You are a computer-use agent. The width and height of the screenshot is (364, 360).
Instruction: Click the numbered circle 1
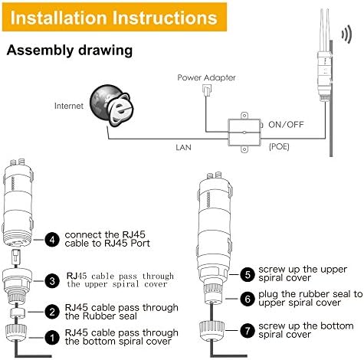(x=52, y=337)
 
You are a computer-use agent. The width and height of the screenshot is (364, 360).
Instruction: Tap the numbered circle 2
(x=52, y=312)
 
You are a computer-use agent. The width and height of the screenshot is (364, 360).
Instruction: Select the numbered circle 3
(x=52, y=281)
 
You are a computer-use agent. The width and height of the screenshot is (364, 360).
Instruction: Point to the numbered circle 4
(x=52, y=240)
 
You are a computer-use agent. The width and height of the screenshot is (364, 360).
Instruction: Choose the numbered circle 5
(x=248, y=274)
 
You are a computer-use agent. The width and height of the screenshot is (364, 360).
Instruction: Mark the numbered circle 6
(x=248, y=299)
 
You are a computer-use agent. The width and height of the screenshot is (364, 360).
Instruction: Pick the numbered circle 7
(x=248, y=331)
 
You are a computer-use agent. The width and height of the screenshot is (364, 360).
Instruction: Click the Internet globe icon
(x=112, y=106)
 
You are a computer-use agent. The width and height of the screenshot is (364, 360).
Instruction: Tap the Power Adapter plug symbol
(x=206, y=90)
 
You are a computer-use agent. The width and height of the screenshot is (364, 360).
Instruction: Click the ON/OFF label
(x=286, y=125)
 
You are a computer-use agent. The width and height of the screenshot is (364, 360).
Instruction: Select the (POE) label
(x=279, y=146)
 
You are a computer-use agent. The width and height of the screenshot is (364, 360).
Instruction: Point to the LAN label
(x=183, y=147)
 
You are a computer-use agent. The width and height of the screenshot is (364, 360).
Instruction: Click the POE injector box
(x=244, y=133)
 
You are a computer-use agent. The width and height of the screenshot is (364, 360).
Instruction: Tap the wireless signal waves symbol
(x=347, y=34)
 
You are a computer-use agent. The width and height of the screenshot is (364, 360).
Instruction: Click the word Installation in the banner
(x=58, y=18)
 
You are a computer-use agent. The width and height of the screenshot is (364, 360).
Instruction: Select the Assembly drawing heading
(x=70, y=50)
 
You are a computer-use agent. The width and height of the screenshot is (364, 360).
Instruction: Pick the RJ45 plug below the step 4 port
(x=16, y=257)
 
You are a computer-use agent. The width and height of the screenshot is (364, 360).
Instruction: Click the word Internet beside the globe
(x=69, y=106)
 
